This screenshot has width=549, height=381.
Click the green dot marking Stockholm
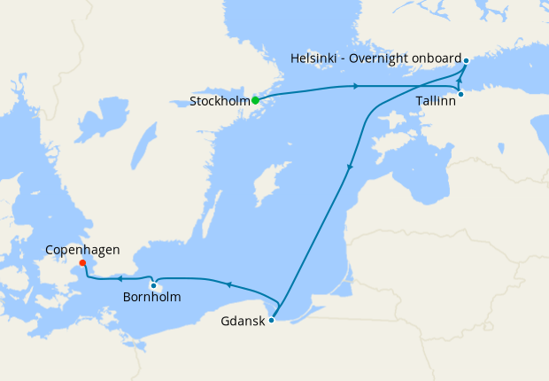pyautogui.click(x=255, y=100)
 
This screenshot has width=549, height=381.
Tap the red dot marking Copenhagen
pyautogui.click(x=81, y=262)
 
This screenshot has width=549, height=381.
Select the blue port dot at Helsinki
pyautogui.click(x=466, y=60)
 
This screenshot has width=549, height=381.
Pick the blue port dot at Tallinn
pyautogui.click(x=460, y=94)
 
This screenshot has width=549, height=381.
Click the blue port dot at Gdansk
pyautogui.click(x=271, y=320)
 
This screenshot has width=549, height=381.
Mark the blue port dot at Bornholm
pyautogui.click(x=153, y=285)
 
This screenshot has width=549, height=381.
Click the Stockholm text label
pyautogui.click(x=219, y=102)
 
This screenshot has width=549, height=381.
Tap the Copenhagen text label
pyautogui.click(x=81, y=251)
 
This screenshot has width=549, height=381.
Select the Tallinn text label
pyautogui.click(x=437, y=102)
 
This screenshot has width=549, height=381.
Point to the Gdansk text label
pyautogui.click(x=242, y=322)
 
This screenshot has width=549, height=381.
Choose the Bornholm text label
pyautogui.click(x=151, y=298)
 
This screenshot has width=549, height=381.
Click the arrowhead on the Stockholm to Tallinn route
pyautogui.click(x=356, y=86)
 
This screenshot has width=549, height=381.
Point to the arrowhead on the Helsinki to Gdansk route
pyautogui.click(x=351, y=166)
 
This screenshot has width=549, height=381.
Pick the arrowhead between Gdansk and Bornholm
pyautogui.click(x=228, y=284)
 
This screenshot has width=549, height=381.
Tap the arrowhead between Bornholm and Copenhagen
pyautogui.click(x=118, y=279)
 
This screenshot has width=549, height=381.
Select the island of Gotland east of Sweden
pyautogui.click(x=263, y=189)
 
